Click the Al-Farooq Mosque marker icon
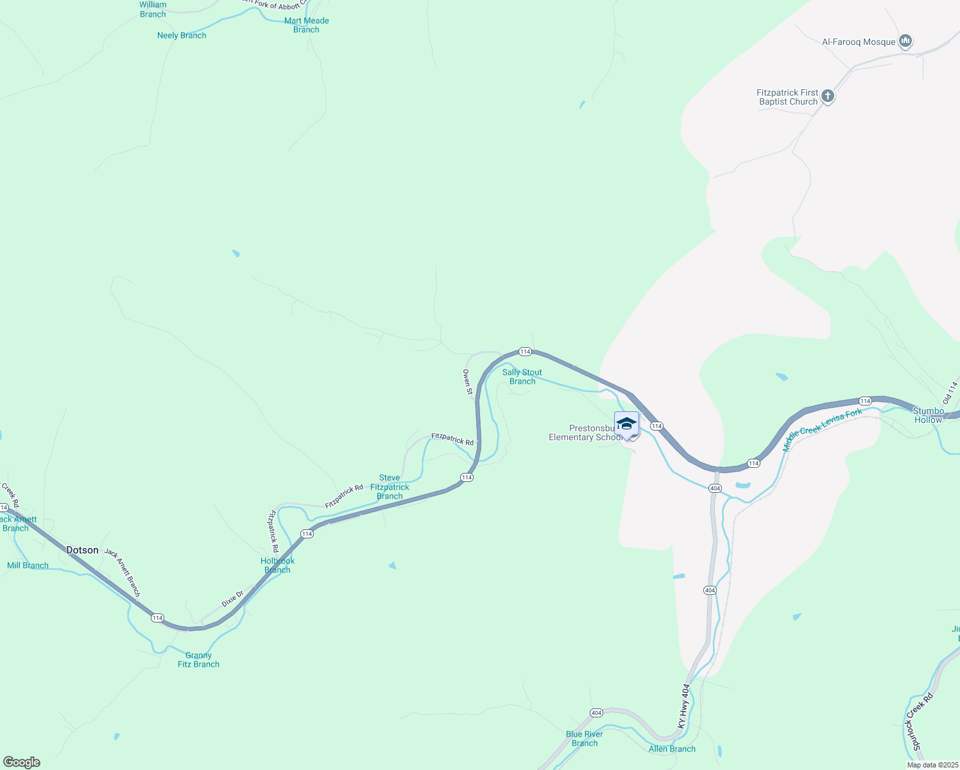pyautogui.click(x=905, y=42)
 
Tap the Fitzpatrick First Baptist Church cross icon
pyautogui.click(x=828, y=97)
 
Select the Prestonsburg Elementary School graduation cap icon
pyautogui.click(x=626, y=424)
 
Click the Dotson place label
pyautogui.click(x=83, y=550)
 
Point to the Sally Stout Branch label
pyautogui.click(x=522, y=377)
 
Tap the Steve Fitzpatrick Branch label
pyautogui.click(x=390, y=487)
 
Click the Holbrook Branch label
pyautogui.click(x=277, y=565)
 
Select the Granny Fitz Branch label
pyautogui.click(x=198, y=660)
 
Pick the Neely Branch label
pyautogui.click(x=182, y=35)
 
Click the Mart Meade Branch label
pyautogui.click(x=307, y=25)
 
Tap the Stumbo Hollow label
pyautogui.click(x=929, y=415)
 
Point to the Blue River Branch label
pyautogui.click(x=584, y=739)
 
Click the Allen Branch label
pyautogui.click(x=672, y=749)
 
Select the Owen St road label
pyautogui.click(x=468, y=382)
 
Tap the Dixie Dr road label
pyautogui.click(x=232, y=599)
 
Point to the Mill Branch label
pyautogui.click(x=28, y=565)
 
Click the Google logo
pyautogui.click(x=21, y=762)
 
